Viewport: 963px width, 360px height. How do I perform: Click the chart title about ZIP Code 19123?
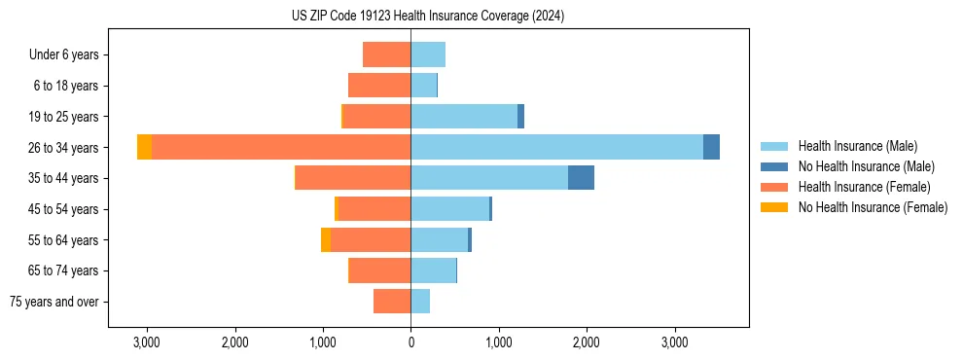click(x=427, y=17)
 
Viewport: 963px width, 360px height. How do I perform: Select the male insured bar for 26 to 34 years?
click(x=556, y=147)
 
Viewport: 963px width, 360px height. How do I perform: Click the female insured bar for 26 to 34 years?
click(x=280, y=147)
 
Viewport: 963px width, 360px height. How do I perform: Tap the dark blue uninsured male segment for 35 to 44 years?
click(x=581, y=178)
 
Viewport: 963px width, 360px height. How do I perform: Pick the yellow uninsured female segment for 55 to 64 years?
click(x=326, y=240)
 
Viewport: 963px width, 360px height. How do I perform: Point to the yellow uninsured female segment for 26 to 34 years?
click(x=144, y=147)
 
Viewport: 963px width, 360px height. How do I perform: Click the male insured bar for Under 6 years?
click(x=428, y=54)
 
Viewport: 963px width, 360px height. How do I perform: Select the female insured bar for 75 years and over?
click(x=392, y=302)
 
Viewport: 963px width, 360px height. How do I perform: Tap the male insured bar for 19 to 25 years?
click(x=464, y=117)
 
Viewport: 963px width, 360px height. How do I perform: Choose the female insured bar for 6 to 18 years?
click(x=379, y=86)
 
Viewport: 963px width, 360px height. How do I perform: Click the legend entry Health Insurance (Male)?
click(x=857, y=146)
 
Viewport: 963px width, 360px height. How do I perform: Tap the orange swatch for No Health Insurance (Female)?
click(x=774, y=207)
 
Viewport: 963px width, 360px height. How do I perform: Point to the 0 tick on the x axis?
click(x=410, y=342)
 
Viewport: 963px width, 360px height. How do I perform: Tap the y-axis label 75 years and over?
click(x=54, y=302)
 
